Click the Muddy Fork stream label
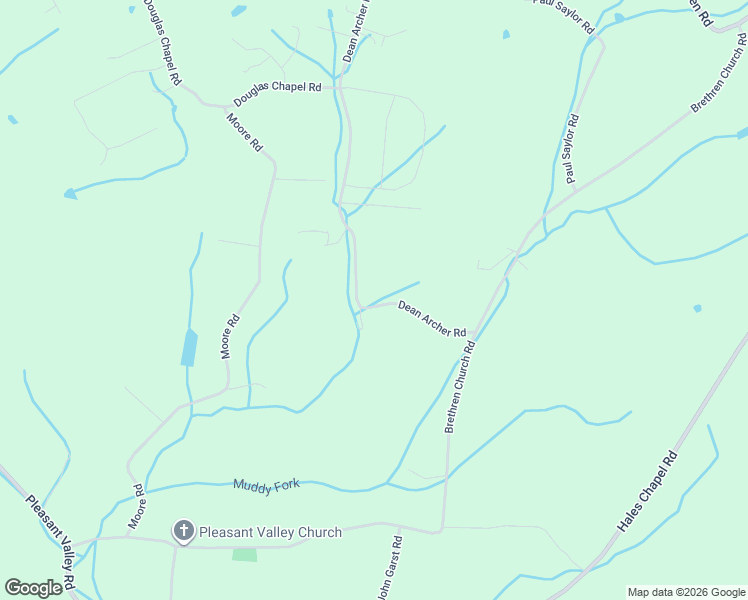pos(266,485)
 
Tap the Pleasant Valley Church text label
pos(270,532)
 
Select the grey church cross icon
pos(183,531)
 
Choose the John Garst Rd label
pos(390,569)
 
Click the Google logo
pos(33,588)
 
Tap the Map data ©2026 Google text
pos(687,592)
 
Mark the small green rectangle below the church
pos(244,553)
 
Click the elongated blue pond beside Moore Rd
pos(188,348)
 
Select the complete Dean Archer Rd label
pos(432,319)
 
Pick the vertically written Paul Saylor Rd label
pos(572,149)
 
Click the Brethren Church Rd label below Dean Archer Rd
pos(458,386)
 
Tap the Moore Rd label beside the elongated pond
pos(230,337)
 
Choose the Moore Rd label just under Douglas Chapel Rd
pos(244,132)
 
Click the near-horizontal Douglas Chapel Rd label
pos(277,94)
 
